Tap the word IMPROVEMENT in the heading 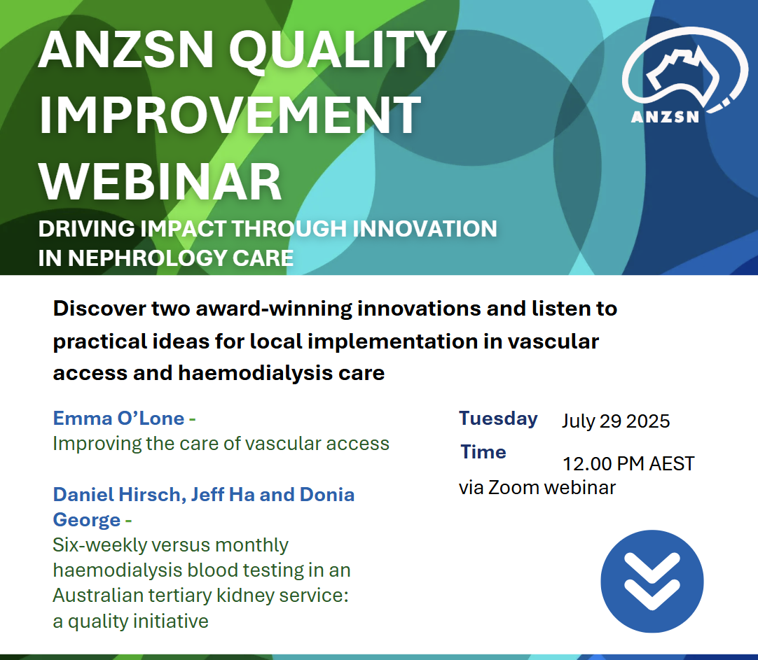point(230,115)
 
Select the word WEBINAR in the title point(160,181)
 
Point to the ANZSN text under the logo point(665,117)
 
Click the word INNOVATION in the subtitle point(425,228)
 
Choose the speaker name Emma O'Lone point(118,418)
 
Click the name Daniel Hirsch point(117,495)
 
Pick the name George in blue point(87,521)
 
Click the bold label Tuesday point(498,419)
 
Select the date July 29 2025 point(616,421)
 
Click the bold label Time point(483,452)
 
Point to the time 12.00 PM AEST point(628,463)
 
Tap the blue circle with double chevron point(652,582)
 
